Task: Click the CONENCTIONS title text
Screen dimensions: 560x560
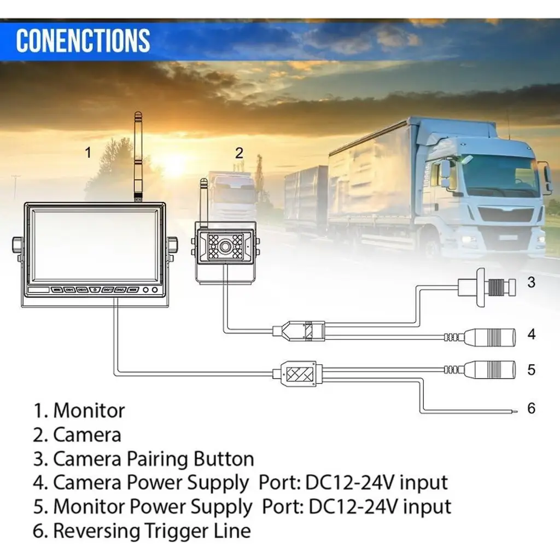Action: click(x=83, y=40)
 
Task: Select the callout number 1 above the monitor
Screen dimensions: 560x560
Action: click(x=88, y=153)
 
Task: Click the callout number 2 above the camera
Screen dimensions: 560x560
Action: click(x=238, y=153)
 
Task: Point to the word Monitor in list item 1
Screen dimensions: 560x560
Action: click(x=89, y=410)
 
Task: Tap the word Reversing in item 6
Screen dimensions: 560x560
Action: click(x=96, y=530)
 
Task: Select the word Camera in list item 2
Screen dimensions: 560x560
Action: click(x=87, y=435)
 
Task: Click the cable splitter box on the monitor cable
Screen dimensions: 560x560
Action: click(x=296, y=373)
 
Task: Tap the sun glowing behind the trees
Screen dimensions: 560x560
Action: click(x=174, y=164)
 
